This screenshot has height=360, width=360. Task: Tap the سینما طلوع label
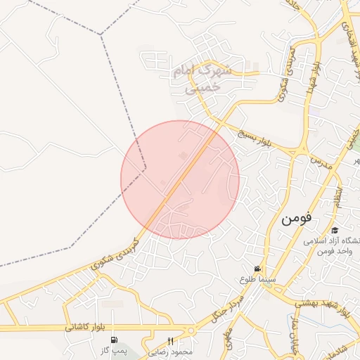point(257,280)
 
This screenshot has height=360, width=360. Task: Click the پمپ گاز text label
point(113,349)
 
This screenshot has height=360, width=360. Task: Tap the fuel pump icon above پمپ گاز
point(113,340)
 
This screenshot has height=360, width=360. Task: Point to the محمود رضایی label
point(171,350)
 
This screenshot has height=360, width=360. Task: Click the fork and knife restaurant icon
point(170,340)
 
